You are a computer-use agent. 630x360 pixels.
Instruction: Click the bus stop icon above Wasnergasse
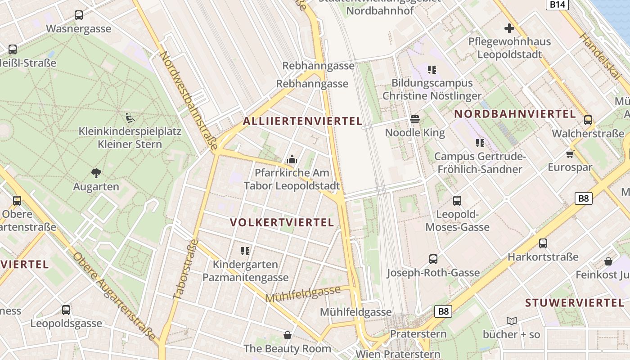79,15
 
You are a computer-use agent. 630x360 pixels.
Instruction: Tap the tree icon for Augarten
96,173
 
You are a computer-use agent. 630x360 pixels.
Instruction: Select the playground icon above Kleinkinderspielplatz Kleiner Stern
130,118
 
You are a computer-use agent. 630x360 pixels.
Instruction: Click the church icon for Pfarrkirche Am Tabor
292,159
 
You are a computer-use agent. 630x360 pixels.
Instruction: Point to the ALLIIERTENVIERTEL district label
303,121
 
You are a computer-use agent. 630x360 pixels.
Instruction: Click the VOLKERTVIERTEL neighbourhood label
282,223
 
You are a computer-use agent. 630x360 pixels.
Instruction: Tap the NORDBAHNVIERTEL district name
515,114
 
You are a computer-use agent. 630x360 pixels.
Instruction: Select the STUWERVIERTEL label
575,302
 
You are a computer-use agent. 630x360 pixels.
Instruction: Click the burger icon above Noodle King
415,119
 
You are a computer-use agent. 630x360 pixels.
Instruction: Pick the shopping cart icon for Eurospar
570,154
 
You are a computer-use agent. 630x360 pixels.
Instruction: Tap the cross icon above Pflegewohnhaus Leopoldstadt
509,29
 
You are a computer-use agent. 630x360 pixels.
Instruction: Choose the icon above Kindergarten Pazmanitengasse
245,251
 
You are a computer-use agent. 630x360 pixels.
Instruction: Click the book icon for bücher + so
511,321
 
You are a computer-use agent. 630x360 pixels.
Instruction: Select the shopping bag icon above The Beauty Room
287,335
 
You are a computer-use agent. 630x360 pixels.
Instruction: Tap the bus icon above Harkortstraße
543,243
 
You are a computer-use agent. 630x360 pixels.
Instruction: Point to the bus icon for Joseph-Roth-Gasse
433,259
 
